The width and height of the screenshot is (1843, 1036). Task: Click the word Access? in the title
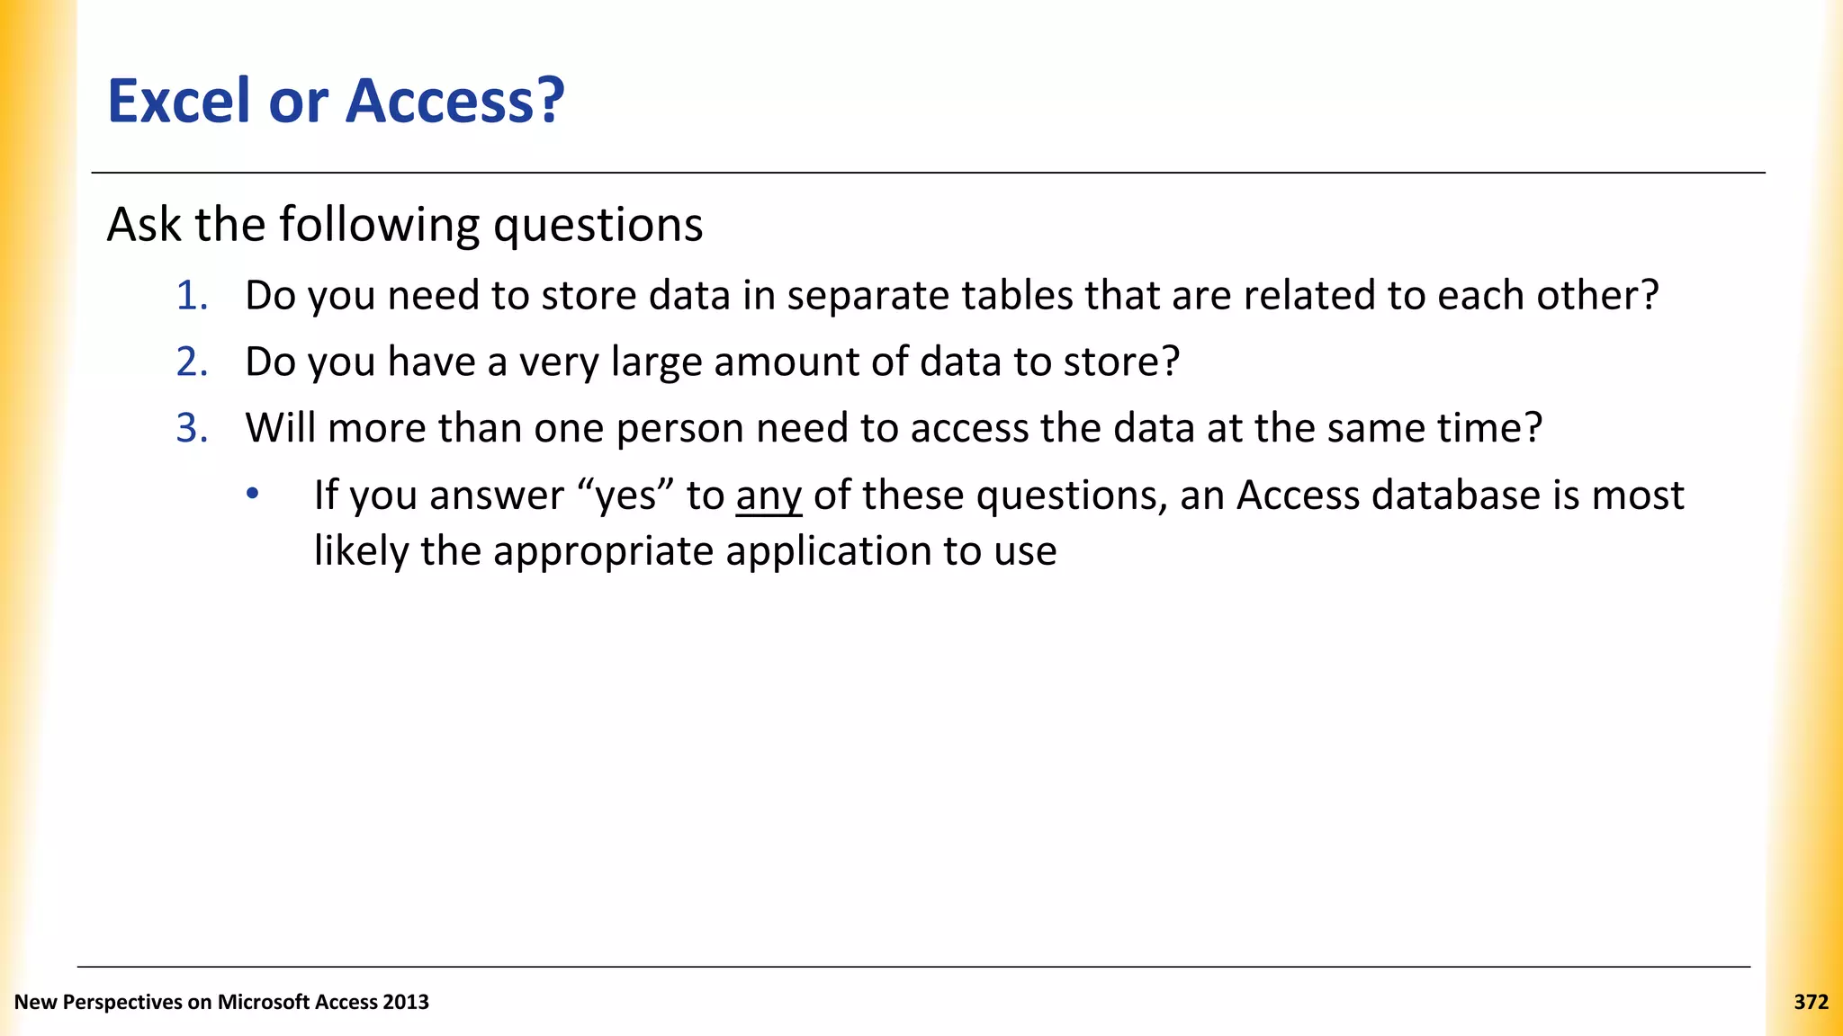pos(455,101)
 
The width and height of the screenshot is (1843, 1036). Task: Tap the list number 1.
pos(191,296)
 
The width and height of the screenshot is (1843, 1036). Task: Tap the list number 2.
pos(191,362)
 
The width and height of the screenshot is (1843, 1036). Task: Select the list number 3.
pos(191,428)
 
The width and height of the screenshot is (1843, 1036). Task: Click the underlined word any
pos(769,496)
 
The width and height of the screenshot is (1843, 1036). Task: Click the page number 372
pos(1811,1002)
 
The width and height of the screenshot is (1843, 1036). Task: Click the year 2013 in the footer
pos(405,1002)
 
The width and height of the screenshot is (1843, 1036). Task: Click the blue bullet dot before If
pos(253,494)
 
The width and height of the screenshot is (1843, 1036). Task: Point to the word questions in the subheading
pos(598,226)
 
